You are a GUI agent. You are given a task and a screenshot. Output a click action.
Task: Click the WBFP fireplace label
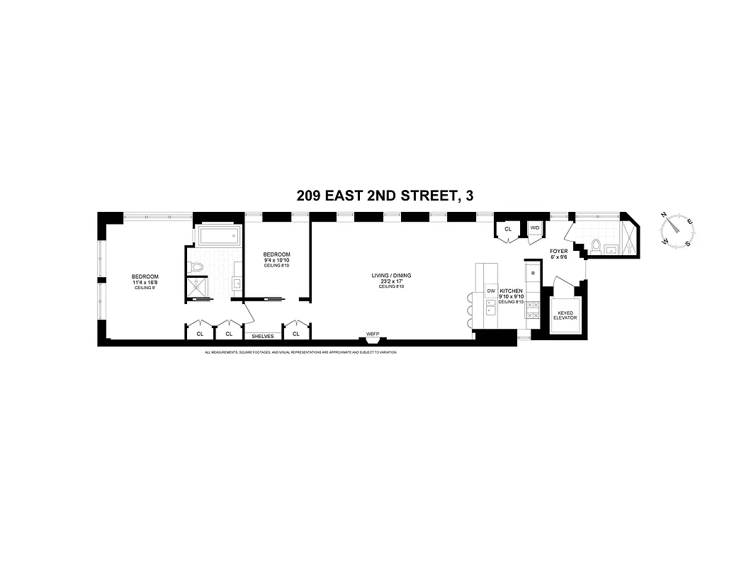[373, 333]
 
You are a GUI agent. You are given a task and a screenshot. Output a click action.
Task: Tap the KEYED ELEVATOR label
[565, 315]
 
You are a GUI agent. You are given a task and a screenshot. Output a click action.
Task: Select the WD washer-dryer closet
[534, 228]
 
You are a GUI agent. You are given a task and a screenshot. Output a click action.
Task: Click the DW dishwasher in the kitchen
[490, 291]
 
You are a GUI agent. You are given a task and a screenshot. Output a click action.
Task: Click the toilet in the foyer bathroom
[595, 247]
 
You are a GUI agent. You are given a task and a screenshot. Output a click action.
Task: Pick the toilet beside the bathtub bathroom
[198, 267]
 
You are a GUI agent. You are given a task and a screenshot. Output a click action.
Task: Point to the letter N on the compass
[665, 215]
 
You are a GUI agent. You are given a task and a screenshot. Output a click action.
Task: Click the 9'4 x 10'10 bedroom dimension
[276, 260]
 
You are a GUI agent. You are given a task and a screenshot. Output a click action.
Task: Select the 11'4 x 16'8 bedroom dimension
[144, 282]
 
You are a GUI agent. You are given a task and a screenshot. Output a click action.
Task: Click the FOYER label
[558, 251]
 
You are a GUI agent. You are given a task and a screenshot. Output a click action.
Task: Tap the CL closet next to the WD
[508, 229]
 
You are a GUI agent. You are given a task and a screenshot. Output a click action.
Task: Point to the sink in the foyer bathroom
[612, 248]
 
